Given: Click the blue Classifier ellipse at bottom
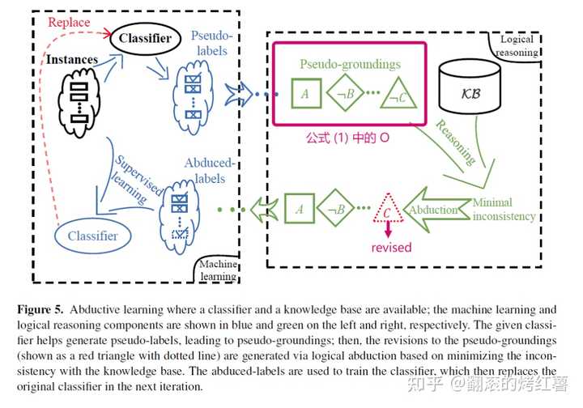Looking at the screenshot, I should [x=93, y=236].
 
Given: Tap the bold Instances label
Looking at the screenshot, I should [x=72, y=60].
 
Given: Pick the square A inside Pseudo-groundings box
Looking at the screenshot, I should [x=305, y=93].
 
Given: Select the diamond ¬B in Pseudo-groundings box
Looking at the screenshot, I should [x=347, y=93].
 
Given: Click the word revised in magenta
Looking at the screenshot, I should [x=391, y=248].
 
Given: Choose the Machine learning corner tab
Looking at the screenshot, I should [x=216, y=270].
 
